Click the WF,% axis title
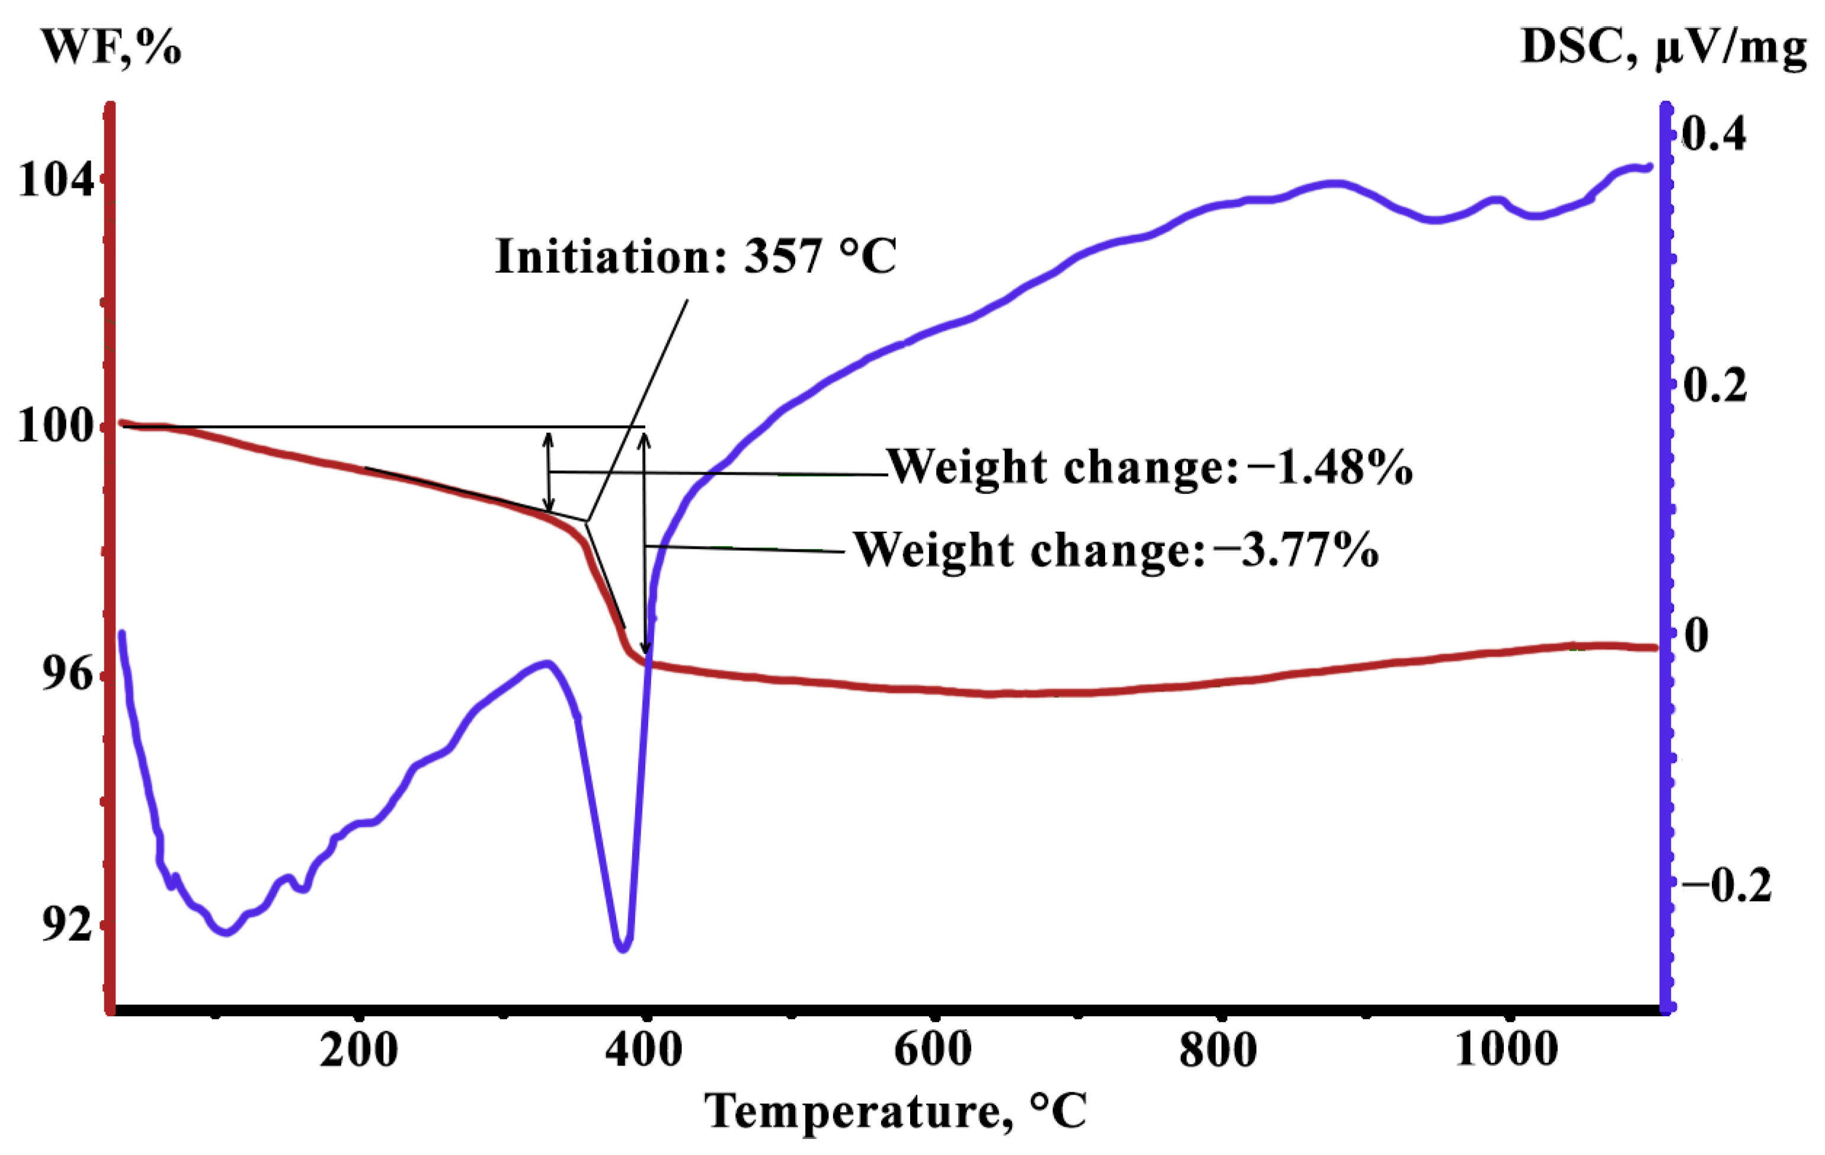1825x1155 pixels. coord(111,47)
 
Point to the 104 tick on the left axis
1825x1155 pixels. coord(57,180)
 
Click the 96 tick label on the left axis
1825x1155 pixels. coord(67,674)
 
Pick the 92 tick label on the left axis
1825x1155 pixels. coord(67,924)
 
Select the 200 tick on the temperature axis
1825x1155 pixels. coord(358,1051)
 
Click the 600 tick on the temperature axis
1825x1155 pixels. coord(933,1051)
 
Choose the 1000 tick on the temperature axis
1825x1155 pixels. coord(1507,1051)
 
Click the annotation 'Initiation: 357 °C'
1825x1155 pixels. coord(696,256)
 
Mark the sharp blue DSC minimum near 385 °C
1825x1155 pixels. coord(623,948)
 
